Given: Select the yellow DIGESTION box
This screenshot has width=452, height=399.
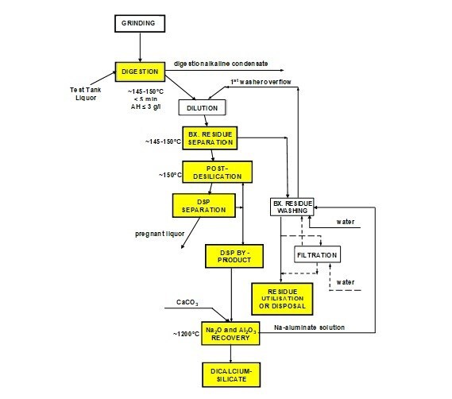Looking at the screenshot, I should point(140,73).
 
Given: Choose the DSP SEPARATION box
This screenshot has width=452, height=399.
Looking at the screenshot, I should point(203,207).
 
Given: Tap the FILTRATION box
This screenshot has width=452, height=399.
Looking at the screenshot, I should point(317,255).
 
